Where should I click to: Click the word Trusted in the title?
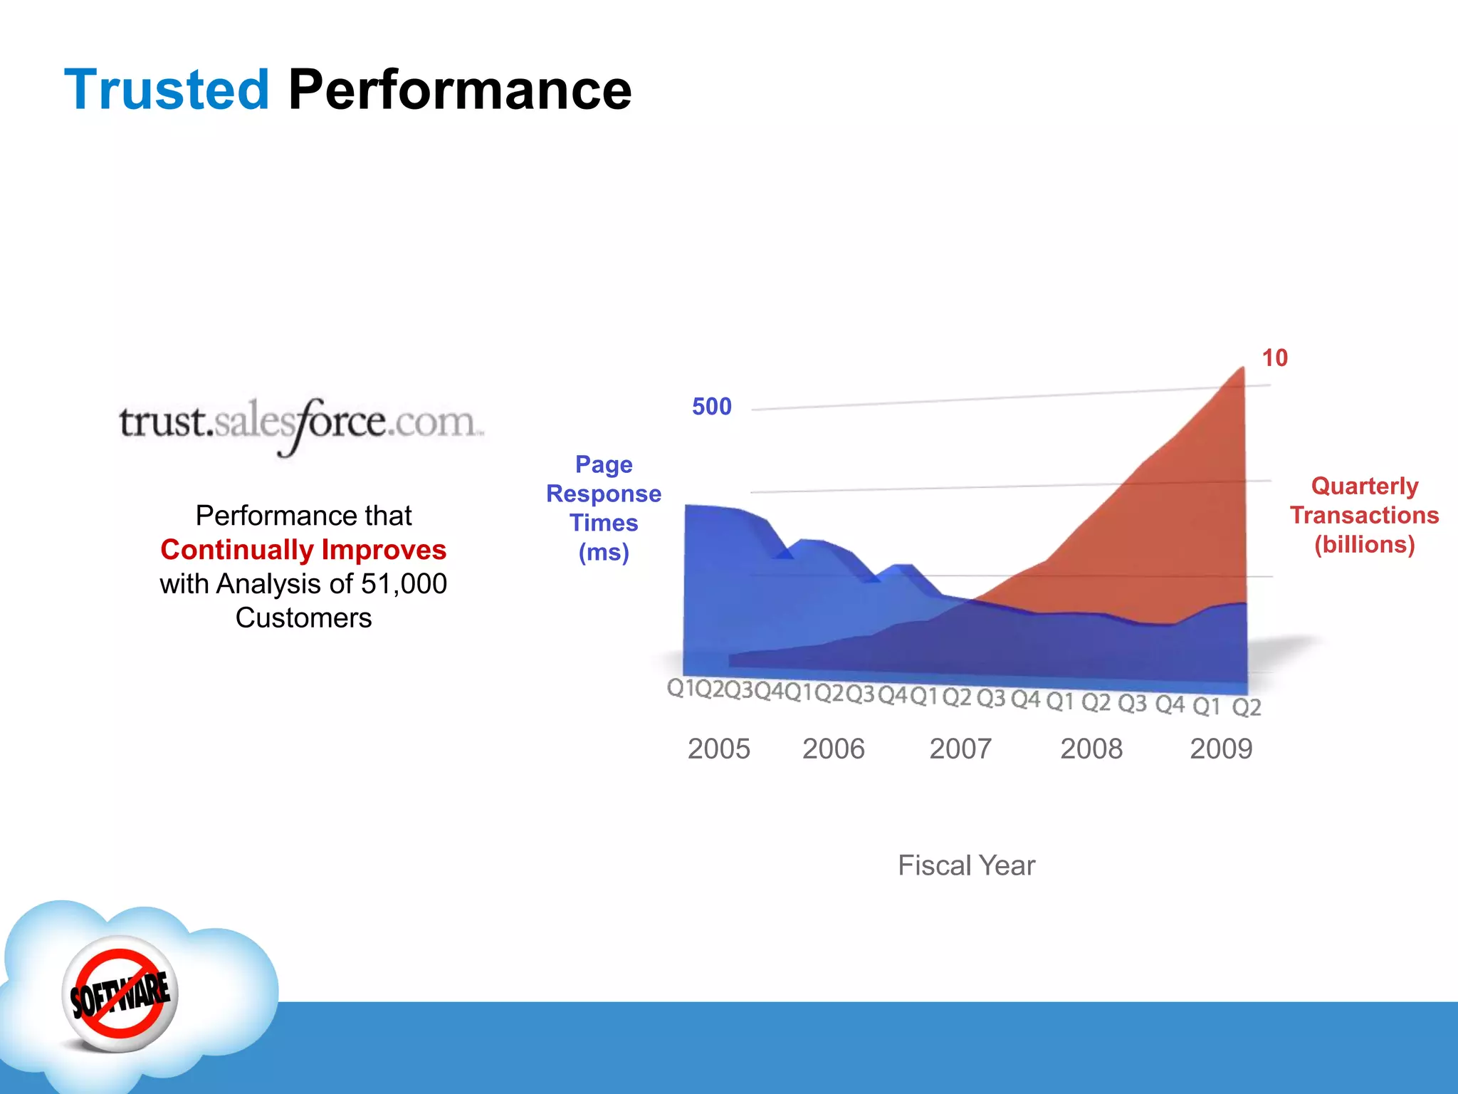coord(167,90)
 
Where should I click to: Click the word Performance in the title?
coord(459,90)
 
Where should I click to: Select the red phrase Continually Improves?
coord(303,550)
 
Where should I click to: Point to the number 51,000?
coord(404,584)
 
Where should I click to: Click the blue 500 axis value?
coord(711,407)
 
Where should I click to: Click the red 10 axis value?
coord(1274,358)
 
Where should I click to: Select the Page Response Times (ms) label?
coord(604,508)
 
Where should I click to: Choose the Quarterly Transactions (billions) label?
coord(1364,515)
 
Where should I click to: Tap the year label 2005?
coord(718,749)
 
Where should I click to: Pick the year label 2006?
coord(833,749)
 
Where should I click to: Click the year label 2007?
coord(960,749)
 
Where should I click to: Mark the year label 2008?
coord(1091,749)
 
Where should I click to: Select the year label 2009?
coord(1220,749)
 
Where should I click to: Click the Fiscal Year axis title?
coord(966,865)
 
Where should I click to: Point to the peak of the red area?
coord(1242,369)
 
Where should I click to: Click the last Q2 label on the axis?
coord(1247,707)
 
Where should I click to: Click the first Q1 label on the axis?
coord(679,688)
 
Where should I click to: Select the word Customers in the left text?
coord(303,618)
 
